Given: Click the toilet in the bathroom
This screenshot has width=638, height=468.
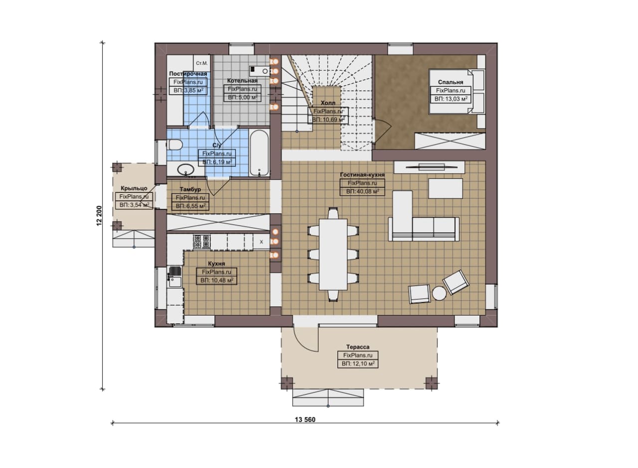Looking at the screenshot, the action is (174, 145).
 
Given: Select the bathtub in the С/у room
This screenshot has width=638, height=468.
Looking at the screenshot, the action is (259, 153).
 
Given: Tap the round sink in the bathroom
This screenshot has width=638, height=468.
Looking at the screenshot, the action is (186, 170).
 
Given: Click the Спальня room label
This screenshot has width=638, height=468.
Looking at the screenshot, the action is (451, 82).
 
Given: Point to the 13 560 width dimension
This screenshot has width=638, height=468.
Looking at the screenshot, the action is (305, 420).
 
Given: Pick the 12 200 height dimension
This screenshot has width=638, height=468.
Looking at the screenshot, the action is (99, 216).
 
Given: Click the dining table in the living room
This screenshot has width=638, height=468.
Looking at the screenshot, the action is (333, 254).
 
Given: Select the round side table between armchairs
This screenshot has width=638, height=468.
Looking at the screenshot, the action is (439, 294).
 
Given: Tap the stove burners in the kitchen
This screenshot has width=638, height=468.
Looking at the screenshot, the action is (202, 242).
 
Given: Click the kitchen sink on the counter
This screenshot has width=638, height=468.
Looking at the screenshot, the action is (174, 277).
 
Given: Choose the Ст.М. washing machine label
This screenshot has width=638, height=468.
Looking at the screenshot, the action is (202, 63).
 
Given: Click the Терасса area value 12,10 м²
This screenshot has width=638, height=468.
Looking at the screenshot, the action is (358, 364).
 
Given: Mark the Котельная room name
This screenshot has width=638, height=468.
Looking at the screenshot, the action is (242, 81).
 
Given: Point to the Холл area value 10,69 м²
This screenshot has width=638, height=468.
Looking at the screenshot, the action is (328, 120).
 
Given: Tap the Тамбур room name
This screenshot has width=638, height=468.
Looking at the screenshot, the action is (190, 189).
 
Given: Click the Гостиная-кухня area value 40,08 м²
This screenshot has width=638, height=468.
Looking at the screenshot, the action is (362, 191).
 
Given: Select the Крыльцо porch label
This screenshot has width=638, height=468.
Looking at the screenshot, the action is (134, 188).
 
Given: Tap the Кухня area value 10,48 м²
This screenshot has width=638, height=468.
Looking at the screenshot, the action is (217, 280).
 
